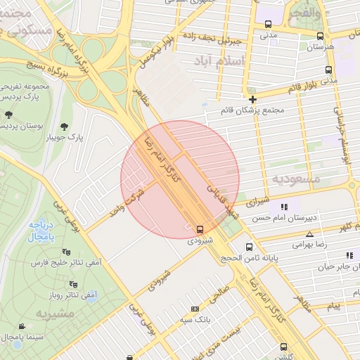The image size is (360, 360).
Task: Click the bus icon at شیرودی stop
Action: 200,229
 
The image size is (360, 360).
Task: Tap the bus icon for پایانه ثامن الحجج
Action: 249,247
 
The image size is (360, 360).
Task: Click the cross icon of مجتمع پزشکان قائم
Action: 252,99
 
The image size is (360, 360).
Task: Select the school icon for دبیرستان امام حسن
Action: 284,207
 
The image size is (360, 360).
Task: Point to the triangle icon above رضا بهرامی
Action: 309,234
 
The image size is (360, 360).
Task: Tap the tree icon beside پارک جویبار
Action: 65,127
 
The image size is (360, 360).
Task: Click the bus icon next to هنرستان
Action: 320,36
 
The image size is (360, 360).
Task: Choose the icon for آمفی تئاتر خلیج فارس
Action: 66,252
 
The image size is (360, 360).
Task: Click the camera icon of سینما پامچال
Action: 22,327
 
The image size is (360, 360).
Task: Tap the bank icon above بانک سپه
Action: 195,309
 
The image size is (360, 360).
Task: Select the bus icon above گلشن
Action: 283,347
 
